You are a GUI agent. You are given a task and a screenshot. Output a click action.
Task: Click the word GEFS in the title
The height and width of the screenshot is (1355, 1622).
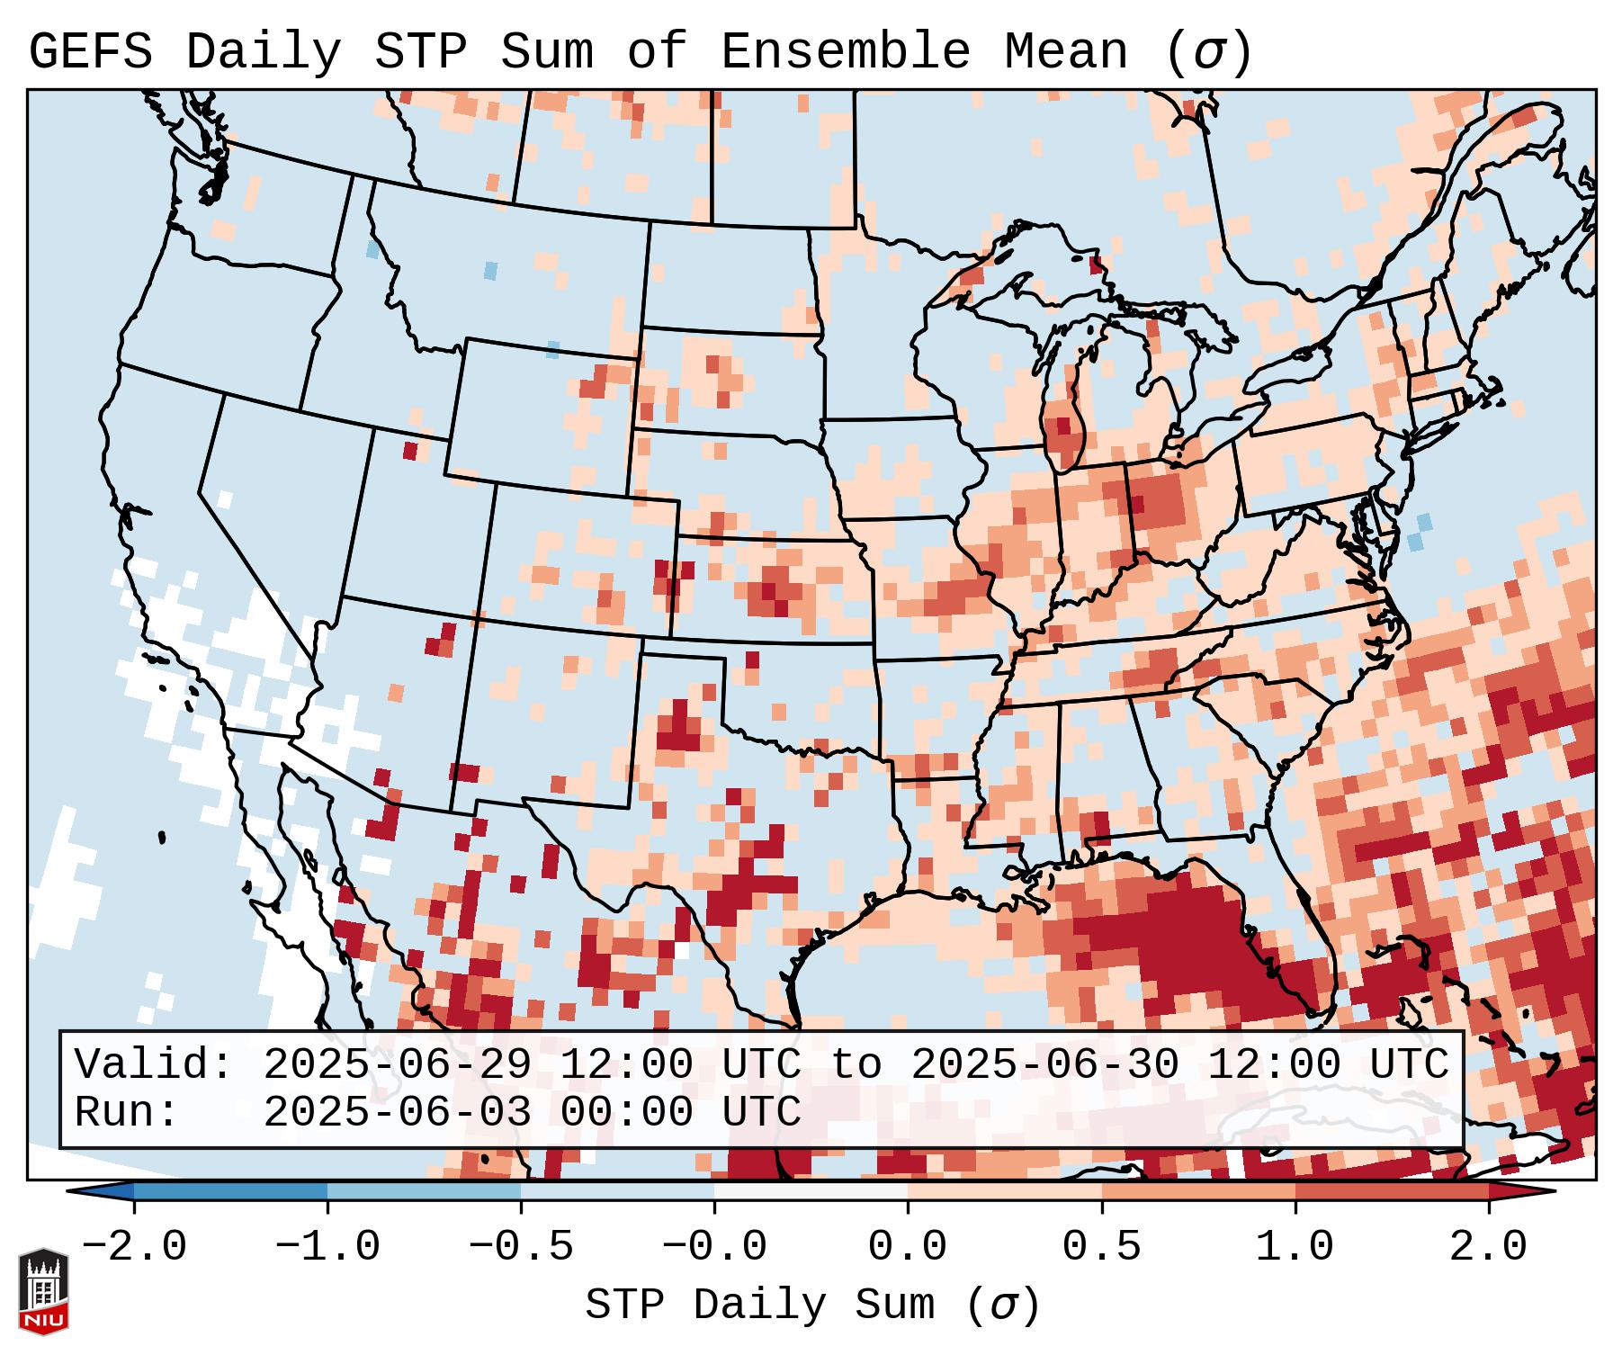pos(90,52)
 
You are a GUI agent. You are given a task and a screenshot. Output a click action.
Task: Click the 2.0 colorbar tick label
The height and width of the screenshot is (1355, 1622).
pos(1488,1247)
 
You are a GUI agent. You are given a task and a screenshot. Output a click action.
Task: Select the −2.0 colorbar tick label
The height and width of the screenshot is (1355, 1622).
pos(134,1247)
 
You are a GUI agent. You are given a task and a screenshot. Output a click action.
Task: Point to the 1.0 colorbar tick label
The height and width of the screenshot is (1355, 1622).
pos(1295,1247)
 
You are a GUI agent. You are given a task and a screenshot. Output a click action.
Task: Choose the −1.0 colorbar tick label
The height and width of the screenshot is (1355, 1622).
pos(327,1247)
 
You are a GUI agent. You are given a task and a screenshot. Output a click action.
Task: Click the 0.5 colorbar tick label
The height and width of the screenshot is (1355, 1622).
pos(1101,1247)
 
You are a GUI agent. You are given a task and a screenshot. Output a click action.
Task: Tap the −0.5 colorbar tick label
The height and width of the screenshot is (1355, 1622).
pos(521,1247)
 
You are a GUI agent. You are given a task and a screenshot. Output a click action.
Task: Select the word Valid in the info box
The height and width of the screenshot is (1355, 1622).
pos(154,1065)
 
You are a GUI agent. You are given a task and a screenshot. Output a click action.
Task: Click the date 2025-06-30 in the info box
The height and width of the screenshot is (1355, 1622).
pos(1044,1065)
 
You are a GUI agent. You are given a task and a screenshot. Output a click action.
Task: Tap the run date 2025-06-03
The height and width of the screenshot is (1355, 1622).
pos(397,1113)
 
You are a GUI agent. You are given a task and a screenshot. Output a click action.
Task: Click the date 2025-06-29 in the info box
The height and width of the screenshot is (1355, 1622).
pos(397,1065)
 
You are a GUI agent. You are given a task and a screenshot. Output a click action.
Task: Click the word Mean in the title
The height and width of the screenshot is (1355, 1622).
pos(1066,52)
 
